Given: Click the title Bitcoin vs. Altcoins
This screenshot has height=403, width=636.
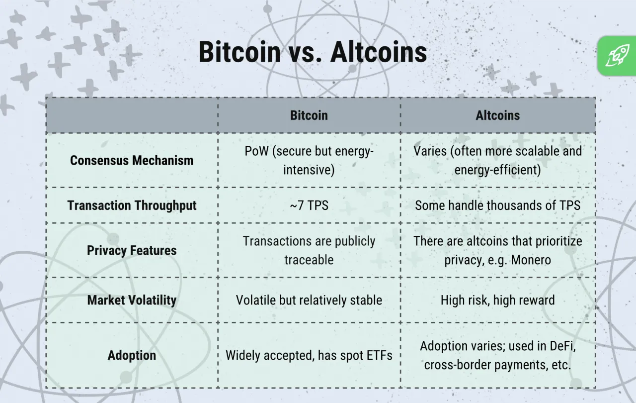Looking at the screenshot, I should click(313, 52).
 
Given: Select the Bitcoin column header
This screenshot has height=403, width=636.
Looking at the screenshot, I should click(309, 115).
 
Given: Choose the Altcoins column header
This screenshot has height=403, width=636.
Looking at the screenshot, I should click(497, 115).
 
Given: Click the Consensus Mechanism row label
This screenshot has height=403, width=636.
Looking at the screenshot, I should click(132, 160).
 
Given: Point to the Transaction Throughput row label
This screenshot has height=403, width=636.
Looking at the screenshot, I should click(132, 205).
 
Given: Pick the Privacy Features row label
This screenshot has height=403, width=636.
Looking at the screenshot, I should click(132, 250).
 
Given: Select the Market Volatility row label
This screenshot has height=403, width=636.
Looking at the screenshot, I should click(132, 300).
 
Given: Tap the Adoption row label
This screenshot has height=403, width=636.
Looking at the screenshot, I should click(132, 355).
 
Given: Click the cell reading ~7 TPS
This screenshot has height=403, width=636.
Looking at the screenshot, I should click(309, 205).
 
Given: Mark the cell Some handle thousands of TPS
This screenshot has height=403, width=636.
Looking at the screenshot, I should click(497, 205).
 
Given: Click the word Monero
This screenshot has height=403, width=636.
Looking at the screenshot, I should click(529, 260).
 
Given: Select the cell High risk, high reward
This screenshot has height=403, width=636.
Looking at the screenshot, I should click(497, 300).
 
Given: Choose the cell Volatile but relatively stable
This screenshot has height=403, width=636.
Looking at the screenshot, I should click(309, 300).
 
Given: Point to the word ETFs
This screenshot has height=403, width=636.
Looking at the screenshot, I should click(377, 355).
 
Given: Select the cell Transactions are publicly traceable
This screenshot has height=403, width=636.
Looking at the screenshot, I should click(309, 250).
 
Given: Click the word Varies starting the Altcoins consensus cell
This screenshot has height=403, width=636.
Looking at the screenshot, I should click(430, 151).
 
